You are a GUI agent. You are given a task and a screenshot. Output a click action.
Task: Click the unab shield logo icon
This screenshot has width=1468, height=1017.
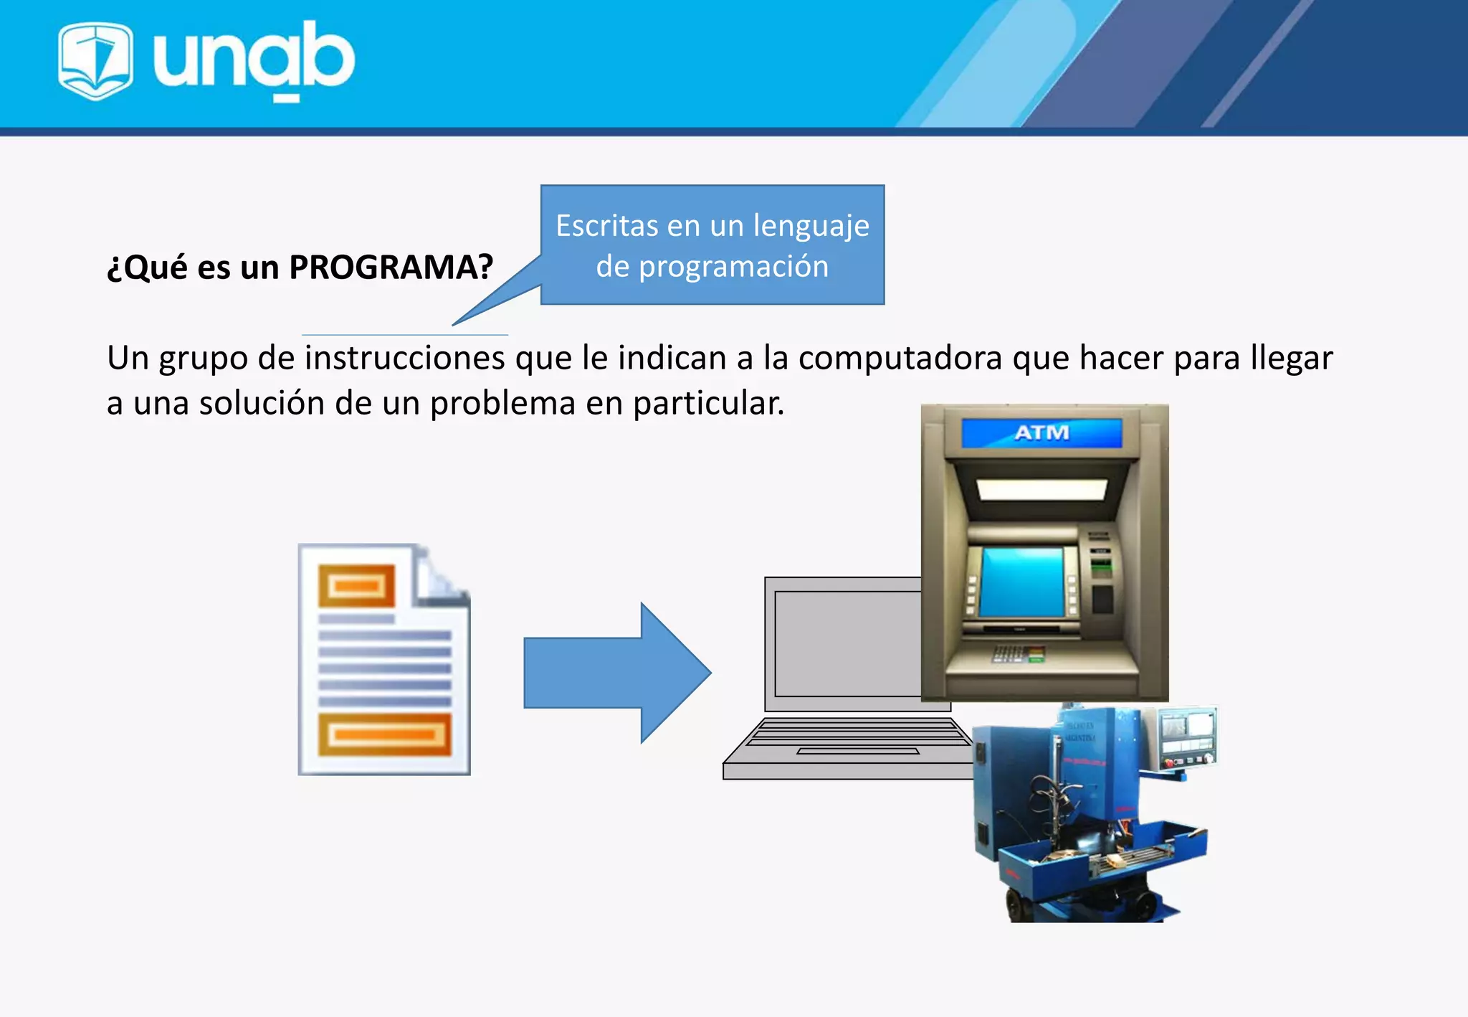(95, 60)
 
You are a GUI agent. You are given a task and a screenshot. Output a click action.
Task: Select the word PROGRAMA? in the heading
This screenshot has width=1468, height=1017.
(391, 267)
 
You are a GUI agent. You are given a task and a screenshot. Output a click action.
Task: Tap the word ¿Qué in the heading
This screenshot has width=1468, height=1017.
(147, 267)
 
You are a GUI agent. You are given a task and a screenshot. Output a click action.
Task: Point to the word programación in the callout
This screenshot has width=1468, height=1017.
(733, 267)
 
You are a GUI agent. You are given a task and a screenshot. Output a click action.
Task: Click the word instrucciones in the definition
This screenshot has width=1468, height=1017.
(404, 358)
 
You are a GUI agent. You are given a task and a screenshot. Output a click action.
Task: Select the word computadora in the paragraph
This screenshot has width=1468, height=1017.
(900, 358)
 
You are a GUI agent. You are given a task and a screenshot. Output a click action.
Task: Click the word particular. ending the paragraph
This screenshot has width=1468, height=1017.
(708, 403)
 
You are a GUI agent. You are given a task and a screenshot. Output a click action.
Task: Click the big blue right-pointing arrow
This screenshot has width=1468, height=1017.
(617, 673)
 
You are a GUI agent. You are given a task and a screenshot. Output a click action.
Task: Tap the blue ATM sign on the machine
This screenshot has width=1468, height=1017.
(1042, 432)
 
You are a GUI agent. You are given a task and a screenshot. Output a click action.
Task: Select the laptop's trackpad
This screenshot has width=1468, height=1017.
(857, 751)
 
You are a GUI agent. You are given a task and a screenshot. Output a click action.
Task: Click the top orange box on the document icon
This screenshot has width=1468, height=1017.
(356, 586)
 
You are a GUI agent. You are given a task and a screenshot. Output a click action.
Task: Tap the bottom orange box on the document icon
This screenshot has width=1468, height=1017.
(385, 734)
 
